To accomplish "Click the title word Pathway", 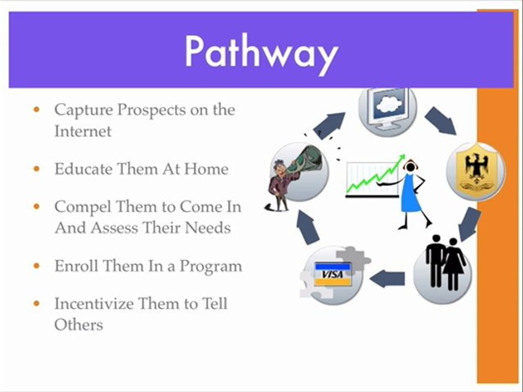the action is click(x=262, y=53).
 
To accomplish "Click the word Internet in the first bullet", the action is click(x=83, y=131).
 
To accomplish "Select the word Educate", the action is click(x=83, y=169).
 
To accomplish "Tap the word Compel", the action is click(x=82, y=207).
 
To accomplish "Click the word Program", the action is click(x=211, y=267).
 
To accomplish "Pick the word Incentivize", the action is click(x=94, y=304).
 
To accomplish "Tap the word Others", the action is click(x=78, y=324).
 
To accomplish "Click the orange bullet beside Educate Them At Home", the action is click(x=37, y=169).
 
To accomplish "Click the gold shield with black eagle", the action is click(x=476, y=171).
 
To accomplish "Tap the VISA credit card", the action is click(x=333, y=274).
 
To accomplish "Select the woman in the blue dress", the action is click(x=412, y=193).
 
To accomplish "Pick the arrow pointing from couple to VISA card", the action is click(x=387, y=279).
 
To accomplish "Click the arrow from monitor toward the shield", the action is click(x=440, y=121).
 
